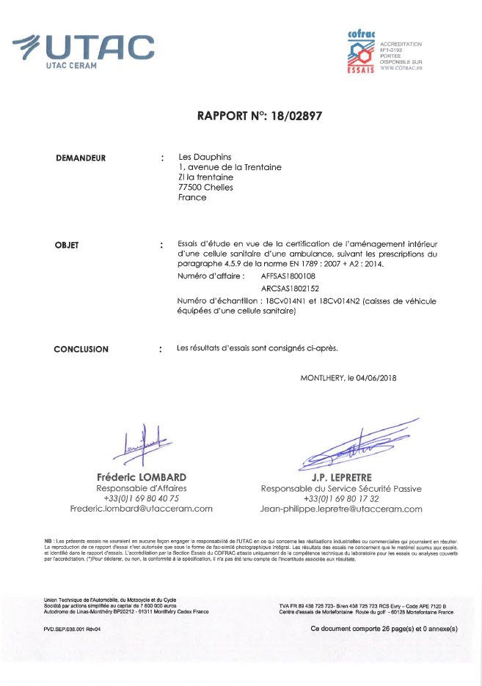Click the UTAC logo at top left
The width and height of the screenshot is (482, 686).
pos(84,50)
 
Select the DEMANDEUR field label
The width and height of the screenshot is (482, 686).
pos(81,158)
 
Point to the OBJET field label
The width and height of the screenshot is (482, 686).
pos(67,245)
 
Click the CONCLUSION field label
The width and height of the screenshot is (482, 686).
pos(81,350)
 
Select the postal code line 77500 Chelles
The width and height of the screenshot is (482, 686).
pos(205,187)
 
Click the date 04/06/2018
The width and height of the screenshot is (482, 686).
pos(376,378)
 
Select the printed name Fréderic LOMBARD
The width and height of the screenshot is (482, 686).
pos(142,477)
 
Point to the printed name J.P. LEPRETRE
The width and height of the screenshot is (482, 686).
pos(341,477)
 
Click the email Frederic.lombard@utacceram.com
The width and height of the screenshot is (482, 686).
pos(142,508)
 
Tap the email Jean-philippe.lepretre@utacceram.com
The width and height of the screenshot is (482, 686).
pos(341,509)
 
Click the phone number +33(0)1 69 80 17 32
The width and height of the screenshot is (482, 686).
pos(341,498)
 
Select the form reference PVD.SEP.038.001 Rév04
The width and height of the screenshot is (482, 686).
pos(72,629)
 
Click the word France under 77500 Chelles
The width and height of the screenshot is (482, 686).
pos(192,197)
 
